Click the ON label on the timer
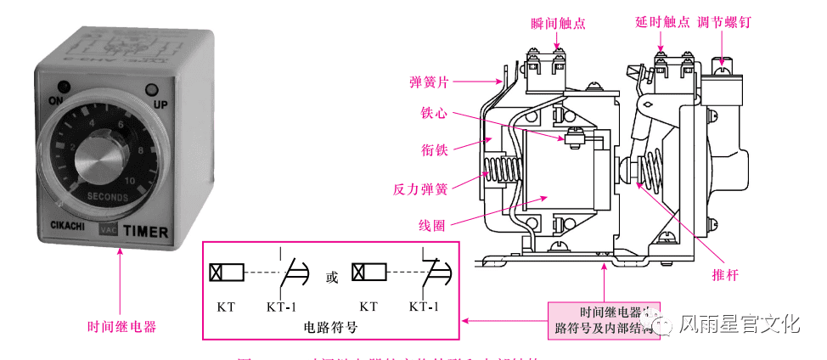57,100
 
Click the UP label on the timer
160,104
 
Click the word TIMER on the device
145,231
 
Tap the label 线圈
432,224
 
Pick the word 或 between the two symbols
331,276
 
